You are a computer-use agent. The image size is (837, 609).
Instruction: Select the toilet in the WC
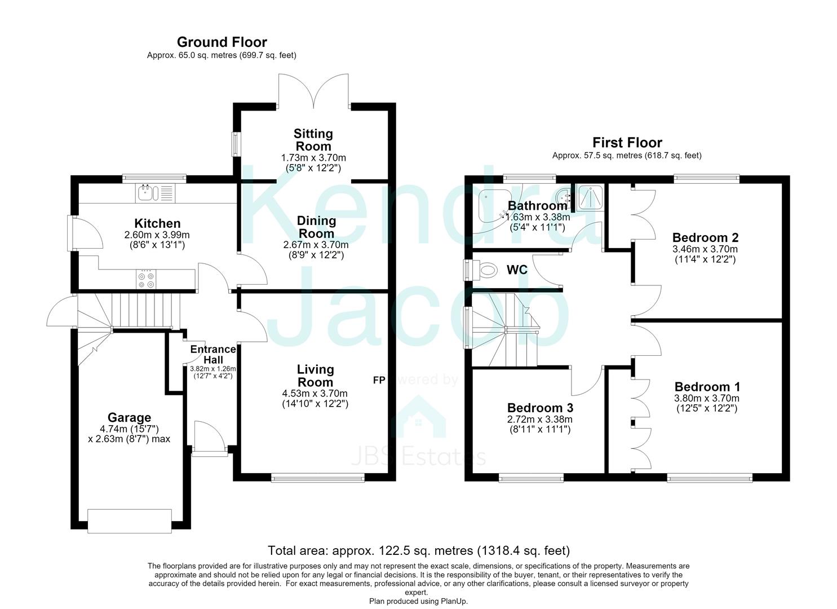pos(488,269)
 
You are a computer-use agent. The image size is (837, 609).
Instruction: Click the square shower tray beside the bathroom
pos(590,197)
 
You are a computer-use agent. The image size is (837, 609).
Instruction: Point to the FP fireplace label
pos(379,380)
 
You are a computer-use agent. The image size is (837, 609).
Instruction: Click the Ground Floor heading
pos(222,42)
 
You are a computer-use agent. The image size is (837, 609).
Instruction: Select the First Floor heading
pos(627,143)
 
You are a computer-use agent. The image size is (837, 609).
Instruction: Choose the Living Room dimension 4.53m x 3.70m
pos(315,393)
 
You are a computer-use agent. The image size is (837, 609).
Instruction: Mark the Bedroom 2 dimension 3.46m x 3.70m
pos(705,249)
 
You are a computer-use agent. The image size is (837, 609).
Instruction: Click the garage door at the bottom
pos(130,521)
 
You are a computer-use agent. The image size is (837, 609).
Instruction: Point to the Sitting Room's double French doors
pos(313,90)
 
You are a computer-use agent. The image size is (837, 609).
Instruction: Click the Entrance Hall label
pos(213,355)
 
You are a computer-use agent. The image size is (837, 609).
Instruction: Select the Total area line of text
pos(419,551)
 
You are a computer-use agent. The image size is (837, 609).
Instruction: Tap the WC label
pos(517,270)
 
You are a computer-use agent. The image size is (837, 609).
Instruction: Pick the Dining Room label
pos(316,227)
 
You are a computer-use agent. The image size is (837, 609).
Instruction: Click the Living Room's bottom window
pos(318,478)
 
